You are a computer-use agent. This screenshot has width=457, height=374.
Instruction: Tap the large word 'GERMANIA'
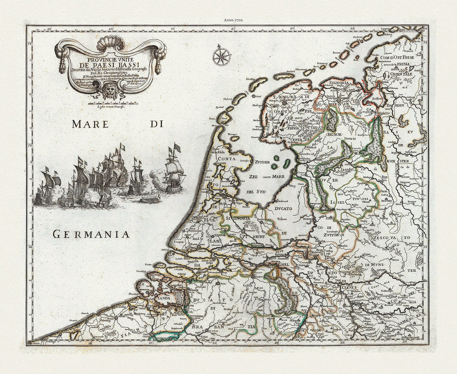pyautogui.click(x=91, y=234)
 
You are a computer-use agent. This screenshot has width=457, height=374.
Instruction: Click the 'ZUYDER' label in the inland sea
pyautogui.click(x=262, y=162)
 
